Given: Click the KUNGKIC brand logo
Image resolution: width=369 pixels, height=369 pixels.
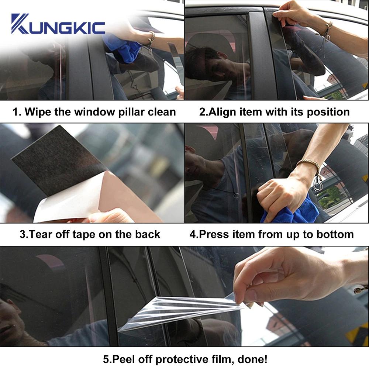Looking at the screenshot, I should tap(58, 25).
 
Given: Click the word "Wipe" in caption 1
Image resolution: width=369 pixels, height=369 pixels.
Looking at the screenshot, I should tap(37, 112).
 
